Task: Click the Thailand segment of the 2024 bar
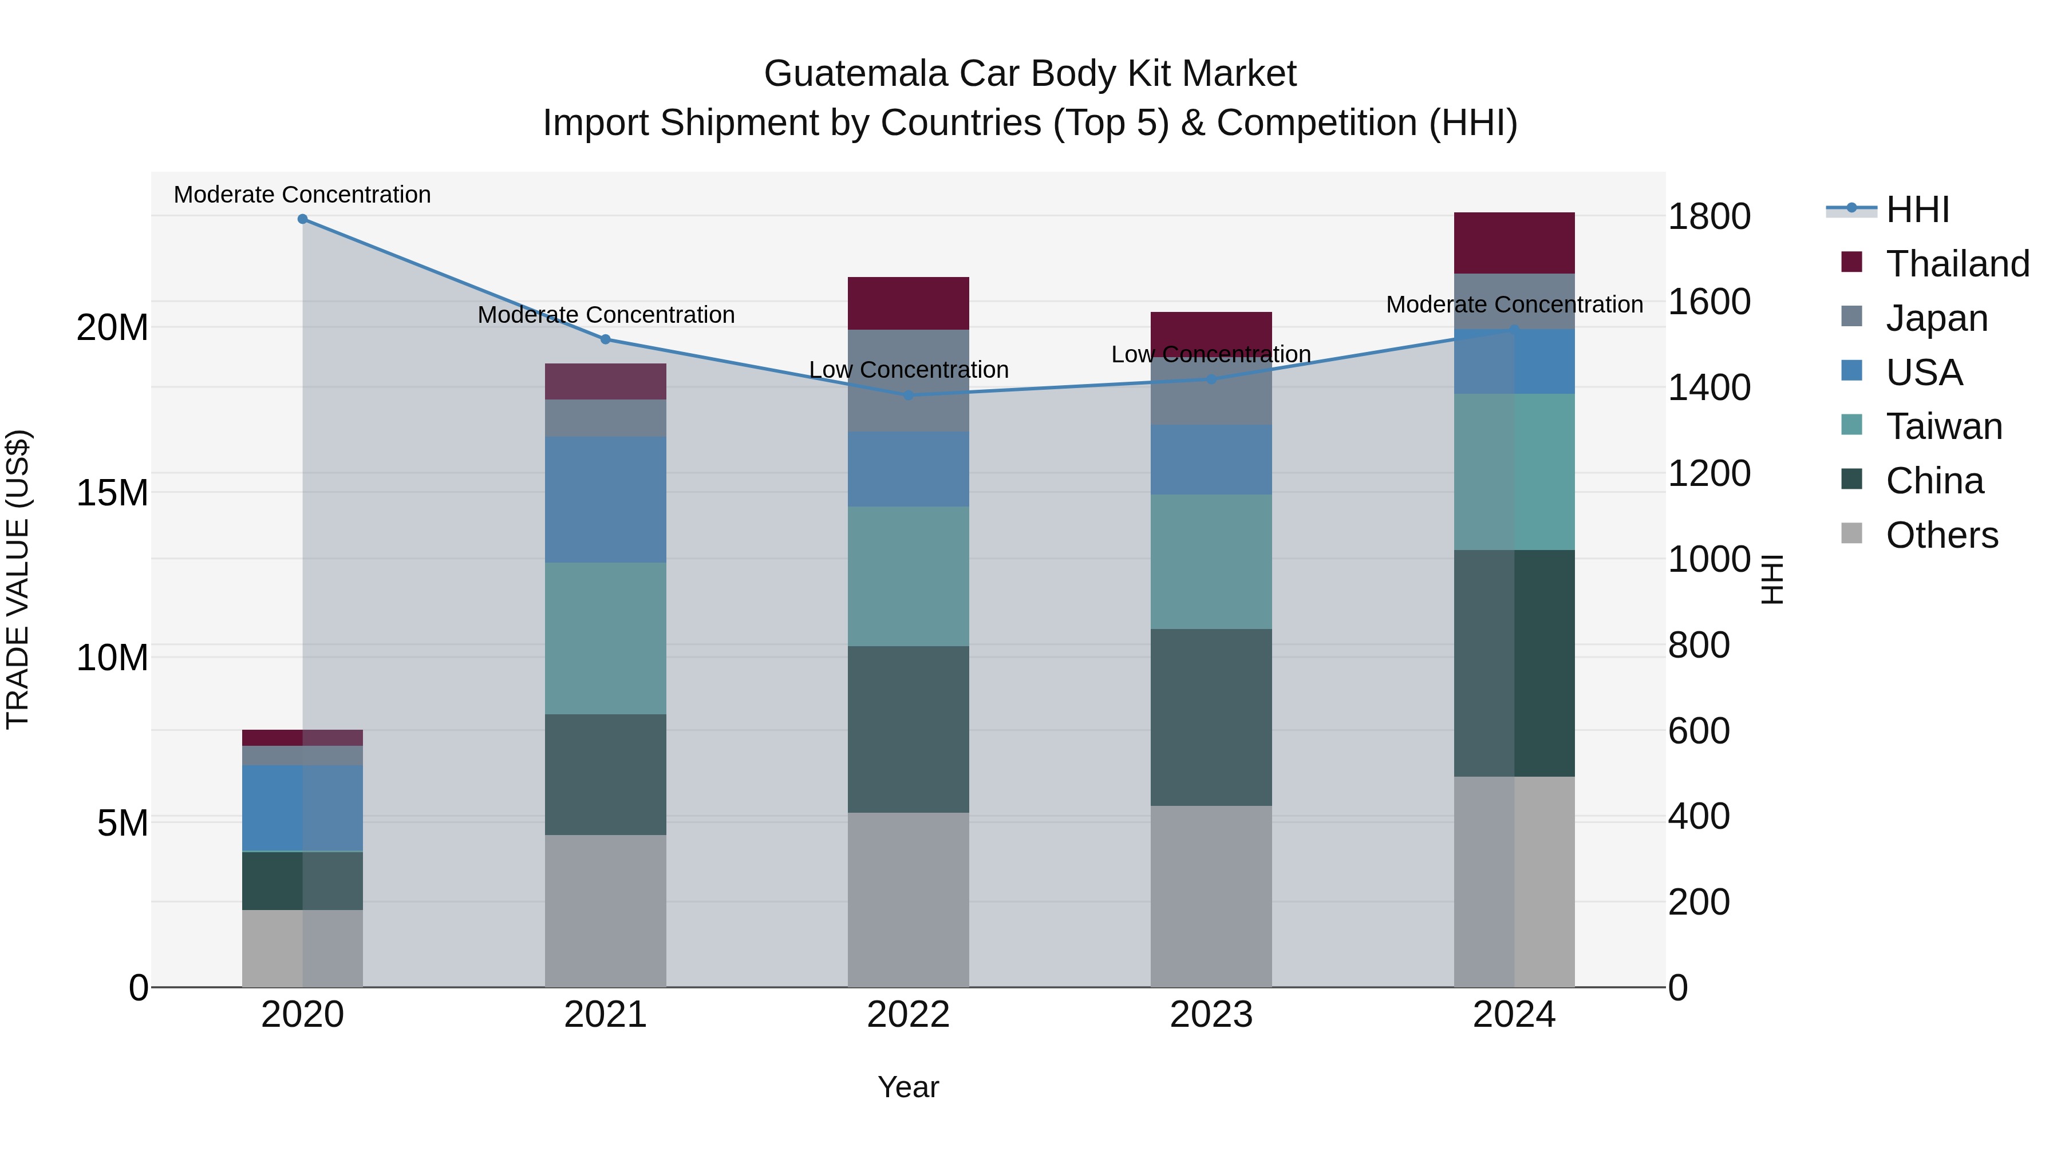point(1514,243)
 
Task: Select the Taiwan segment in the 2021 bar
point(605,638)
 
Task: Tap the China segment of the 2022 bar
point(908,730)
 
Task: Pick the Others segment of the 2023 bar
point(1210,896)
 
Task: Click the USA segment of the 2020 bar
point(302,808)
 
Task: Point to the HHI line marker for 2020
point(302,219)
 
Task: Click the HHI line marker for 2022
point(908,395)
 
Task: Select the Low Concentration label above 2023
point(1210,354)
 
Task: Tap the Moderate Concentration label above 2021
point(606,315)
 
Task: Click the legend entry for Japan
point(1936,318)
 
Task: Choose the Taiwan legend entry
point(1944,426)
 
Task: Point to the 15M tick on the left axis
point(112,493)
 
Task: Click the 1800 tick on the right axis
point(1709,217)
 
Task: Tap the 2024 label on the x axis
point(1514,1015)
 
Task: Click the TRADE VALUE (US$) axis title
point(18,579)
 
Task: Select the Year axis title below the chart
point(908,1087)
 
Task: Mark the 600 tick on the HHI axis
point(1699,731)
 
